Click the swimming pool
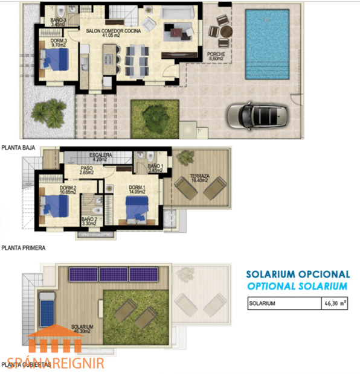(x=267, y=45)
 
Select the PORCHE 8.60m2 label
(x=216, y=57)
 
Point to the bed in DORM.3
(x=56, y=60)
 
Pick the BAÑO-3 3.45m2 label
(x=59, y=22)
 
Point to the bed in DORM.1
(x=137, y=209)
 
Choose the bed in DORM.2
(x=55, y=206)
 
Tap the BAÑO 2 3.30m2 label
(x=89, y=221)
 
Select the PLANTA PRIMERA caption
(x=23, y=247)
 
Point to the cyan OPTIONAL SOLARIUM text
(x=298, y=286)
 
